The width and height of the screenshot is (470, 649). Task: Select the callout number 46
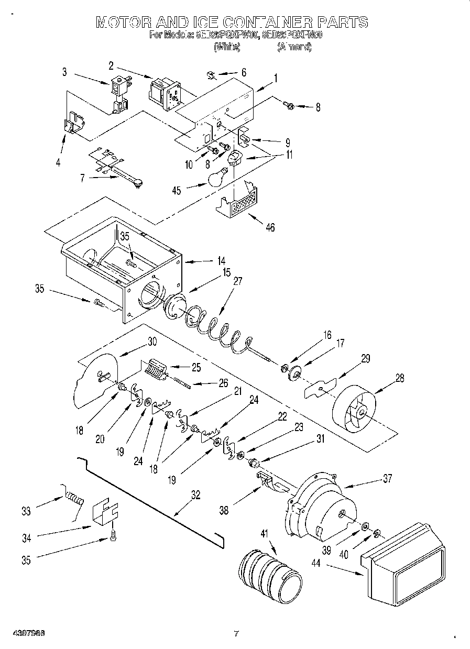[270, 227]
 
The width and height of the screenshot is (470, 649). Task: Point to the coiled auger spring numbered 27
[215, 328]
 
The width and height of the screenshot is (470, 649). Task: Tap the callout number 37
[387, 478]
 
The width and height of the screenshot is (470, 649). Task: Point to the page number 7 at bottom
[236, 633]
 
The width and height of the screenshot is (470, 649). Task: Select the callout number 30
[151, 340]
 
